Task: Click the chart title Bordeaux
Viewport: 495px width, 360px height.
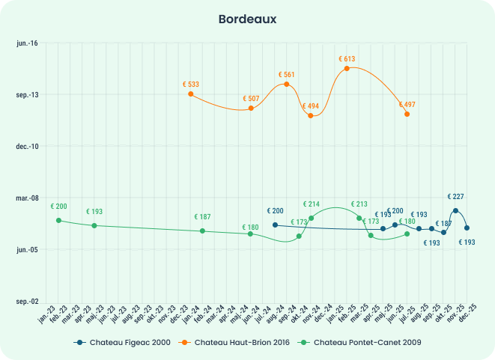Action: pos(247,18)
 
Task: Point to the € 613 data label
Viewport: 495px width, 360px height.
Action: pos(347,58)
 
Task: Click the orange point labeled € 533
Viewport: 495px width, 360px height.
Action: pos(191,94)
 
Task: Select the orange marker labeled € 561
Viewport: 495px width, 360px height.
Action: pos(287,84)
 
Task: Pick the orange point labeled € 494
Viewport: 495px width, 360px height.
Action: pos(311,115)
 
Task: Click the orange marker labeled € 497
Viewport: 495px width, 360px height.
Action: pos(407,114)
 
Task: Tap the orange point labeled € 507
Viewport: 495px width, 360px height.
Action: pos(251,109)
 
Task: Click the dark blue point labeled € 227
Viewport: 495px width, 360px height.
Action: pos(455,210)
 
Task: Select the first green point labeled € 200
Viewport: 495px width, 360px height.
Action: pos(58,220)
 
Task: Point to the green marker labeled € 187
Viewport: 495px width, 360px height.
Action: pos(202,231)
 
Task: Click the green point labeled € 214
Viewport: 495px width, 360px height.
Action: pos(311,218)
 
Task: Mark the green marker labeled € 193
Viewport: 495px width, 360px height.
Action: pos(94,225)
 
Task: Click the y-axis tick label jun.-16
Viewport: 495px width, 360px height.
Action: pos(28,43)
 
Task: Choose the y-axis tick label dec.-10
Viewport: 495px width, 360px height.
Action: pos(28,146)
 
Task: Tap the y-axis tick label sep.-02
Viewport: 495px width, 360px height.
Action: pos(28,301)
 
